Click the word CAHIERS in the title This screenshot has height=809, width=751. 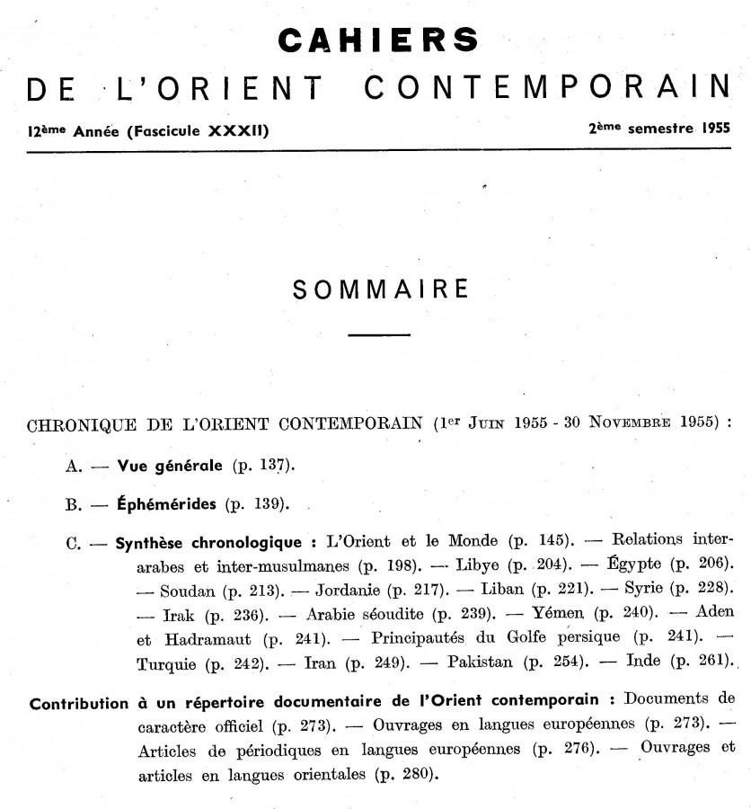pyautogui.click(x=378, y=40)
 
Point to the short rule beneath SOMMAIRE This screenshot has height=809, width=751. pyautogui.click(x=379, y=335)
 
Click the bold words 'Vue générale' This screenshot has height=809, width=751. pyautogui.click(x=169, y=467)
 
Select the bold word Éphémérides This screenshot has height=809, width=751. pyautogui.click(x=166, y=503)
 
